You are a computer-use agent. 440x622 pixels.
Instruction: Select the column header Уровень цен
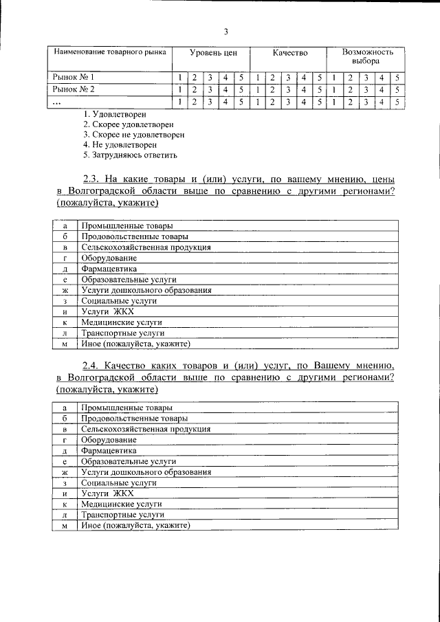(209, 53)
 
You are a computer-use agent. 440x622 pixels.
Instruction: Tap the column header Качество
(289, 53)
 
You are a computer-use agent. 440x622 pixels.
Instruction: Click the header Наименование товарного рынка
(109, 52)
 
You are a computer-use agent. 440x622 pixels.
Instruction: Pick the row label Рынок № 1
(73, 77)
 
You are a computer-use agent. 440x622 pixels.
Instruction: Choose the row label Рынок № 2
(73, 89)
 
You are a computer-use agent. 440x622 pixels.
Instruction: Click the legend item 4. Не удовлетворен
(119, 145)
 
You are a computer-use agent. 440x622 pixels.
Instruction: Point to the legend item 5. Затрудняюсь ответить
(130, 156)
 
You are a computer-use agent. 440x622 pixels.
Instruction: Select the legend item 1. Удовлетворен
(114, 113)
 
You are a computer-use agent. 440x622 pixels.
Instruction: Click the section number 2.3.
(91, 178)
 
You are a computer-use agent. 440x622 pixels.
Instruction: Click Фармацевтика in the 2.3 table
(109, 269)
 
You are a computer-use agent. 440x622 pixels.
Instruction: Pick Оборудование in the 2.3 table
(109, 258)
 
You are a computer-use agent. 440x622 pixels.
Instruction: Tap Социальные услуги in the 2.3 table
(119, 300)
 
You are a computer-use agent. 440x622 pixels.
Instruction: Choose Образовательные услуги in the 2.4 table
(128, 461)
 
